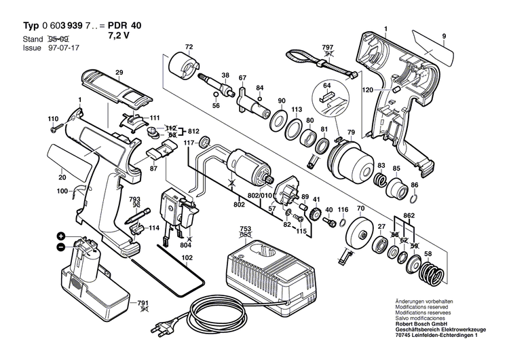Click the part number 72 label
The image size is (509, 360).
point(189,47)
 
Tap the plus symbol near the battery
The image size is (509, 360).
point(60,235)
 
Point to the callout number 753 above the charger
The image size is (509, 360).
point(245,229)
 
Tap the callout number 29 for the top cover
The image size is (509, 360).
point(119,73)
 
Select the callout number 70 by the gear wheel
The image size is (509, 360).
point(360,208)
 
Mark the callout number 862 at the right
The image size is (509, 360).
point(409,215)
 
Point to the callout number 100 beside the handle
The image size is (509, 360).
point(63,192)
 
